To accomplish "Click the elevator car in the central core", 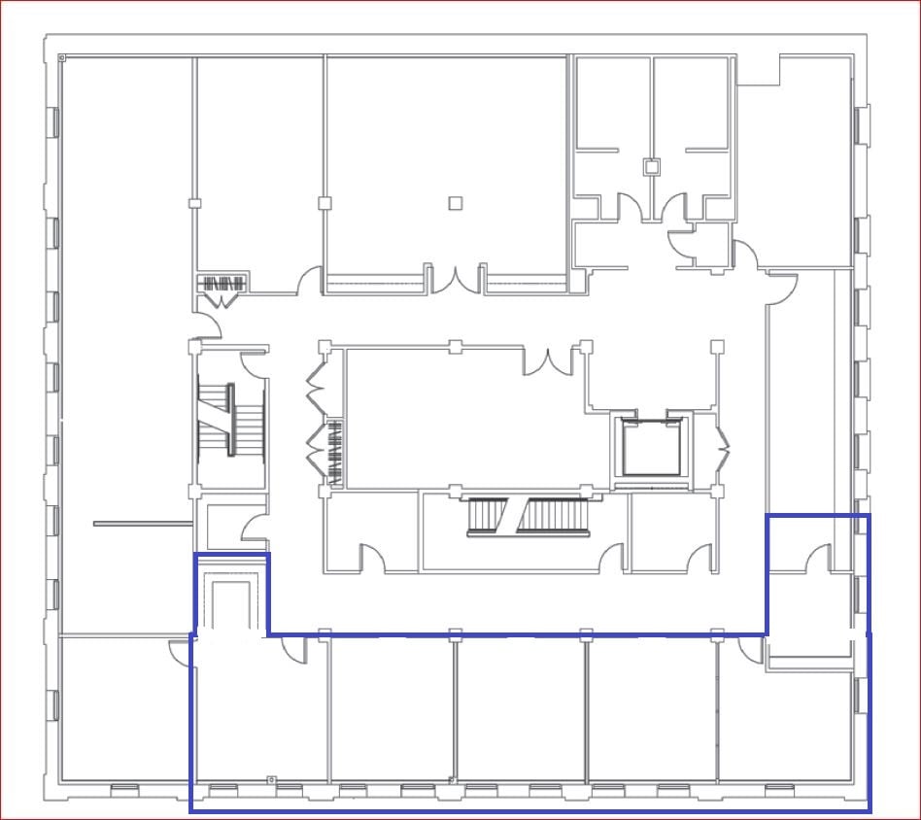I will point(650,450).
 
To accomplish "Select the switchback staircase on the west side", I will point(232,419).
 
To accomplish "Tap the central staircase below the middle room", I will point(529,515).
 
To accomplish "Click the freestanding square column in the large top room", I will point(455,203).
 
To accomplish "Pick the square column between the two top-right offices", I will point(652,167).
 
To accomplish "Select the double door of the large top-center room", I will point(455,278).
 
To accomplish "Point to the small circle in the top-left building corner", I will point(63,59).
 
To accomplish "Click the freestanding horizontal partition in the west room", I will point(143,524).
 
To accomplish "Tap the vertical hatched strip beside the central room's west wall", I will point(336,452).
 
